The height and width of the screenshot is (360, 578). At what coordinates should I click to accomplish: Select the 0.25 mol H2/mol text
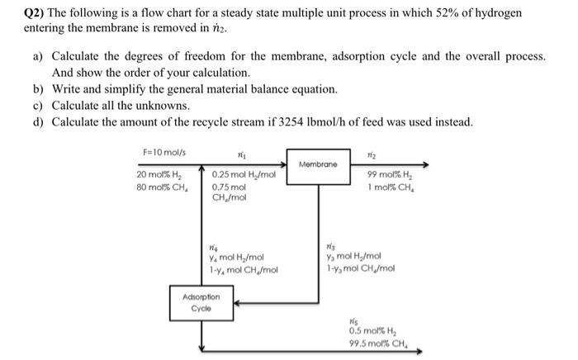pos(244,176)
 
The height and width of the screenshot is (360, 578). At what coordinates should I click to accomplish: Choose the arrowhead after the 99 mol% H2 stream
pos(426,163)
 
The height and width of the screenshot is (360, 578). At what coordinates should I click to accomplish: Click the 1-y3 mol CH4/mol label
pos(360,268)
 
